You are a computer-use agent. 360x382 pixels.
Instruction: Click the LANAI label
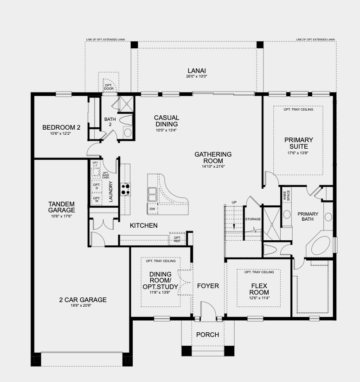point(196,70)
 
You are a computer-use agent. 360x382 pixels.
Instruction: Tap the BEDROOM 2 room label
point(62,128)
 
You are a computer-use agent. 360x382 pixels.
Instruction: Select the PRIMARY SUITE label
point(298,143)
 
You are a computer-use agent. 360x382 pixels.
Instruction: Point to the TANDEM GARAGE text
point(62,207)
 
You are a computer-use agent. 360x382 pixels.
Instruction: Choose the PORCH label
point(207,335)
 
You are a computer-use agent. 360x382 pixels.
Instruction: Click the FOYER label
point(207,286)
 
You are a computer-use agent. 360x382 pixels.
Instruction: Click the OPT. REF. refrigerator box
point(177,239)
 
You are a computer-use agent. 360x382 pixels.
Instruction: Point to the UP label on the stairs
point(234,202)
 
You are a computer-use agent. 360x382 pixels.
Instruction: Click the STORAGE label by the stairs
point(253,219)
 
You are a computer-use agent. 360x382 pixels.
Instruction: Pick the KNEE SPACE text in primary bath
point(286,195)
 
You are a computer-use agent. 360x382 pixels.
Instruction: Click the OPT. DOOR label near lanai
point(109,87)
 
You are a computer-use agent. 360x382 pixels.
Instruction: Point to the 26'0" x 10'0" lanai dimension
point(196,76)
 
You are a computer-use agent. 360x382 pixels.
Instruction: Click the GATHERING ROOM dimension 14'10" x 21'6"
point(213,166)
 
